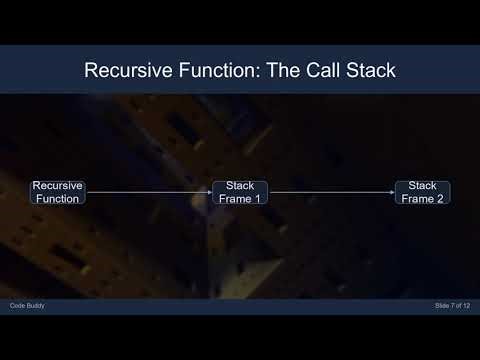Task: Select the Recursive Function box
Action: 57,192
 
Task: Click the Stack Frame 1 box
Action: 240,192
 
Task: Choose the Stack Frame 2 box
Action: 422,192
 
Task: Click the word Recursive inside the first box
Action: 57,186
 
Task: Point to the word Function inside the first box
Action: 57,198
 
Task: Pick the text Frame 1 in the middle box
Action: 240,198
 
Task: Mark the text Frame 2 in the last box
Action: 422,198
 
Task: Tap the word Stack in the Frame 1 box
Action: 240,186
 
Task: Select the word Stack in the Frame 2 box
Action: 422,186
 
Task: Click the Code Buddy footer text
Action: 28,304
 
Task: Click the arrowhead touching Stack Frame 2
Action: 391,192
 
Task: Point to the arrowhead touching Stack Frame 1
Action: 208,192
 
